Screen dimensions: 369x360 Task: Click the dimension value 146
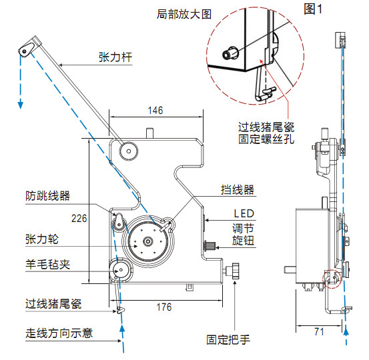(x=155, y=111)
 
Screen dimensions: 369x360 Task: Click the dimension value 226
(x=79, y=219)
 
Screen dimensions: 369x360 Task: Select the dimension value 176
(x=164, y=307)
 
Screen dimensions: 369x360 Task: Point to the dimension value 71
(x=319, y=332)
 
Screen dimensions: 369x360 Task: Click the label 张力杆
(x=115, y=57)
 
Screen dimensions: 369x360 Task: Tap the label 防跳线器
(x=48, y=196)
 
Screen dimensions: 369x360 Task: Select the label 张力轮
(x=42, y=239)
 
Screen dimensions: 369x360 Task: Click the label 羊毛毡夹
(x=48, y=265)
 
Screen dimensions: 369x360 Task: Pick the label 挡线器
(x=238, y=190)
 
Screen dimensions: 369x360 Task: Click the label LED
(x=244, y=213)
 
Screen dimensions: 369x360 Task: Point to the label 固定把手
(x=228, y=340)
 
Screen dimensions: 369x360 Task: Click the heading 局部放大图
(x=184, y=14)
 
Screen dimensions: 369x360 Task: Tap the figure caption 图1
(x=313, y=9)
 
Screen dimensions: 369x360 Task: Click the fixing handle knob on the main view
(x=236, y=271)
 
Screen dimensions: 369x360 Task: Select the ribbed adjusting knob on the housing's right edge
(x=210, y=246)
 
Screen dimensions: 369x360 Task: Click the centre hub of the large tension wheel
(x=148, y=241)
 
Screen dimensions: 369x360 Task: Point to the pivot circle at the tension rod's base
(x=129, y=151)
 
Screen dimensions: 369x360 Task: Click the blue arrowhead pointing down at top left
(x=21, y=105)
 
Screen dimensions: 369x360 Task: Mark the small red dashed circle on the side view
(x=332, y=279)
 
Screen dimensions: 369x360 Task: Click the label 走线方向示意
(x=59, y=333)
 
